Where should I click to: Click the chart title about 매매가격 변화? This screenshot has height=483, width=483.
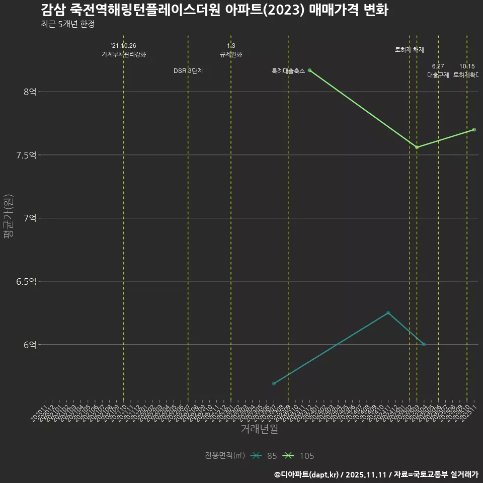coord(214,10)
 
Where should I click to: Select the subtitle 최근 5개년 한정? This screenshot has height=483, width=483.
coord(67,24)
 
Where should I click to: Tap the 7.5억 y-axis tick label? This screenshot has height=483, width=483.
coord(26,155)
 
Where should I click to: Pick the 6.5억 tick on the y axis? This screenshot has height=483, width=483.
coord(26,281)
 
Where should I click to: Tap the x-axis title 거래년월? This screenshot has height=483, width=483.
coord(259,429)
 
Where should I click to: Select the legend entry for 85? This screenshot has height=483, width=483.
coord(265,456)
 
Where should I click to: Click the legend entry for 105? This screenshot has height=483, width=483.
coord(299,456)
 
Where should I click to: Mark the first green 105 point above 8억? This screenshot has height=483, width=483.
coord(309,70)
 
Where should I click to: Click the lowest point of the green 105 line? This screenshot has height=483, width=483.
coord(417,147)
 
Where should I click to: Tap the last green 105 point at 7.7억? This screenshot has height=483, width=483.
coord(474,130)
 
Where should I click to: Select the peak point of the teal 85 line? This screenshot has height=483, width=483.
coord(388,313)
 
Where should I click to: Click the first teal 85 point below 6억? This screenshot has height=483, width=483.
coord(274,384)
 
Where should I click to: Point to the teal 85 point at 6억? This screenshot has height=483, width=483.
coord(424,344)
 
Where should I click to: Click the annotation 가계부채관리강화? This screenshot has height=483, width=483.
coord(124,54)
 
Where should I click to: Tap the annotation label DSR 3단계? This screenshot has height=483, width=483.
coord(188,71)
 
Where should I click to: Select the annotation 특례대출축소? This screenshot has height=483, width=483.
coord(288,71)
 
